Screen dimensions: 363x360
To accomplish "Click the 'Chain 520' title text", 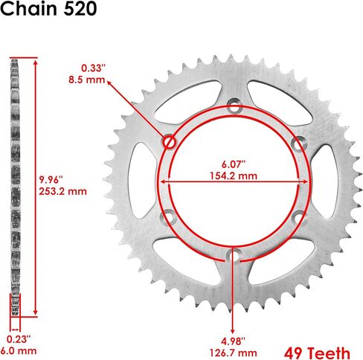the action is tap(48, 9).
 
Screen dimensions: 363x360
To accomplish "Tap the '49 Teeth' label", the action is tap(318, 353).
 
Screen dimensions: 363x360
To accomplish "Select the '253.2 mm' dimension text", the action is tap(62, 191).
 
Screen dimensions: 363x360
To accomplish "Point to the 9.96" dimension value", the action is tap(51, 179).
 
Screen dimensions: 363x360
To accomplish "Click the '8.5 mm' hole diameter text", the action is tap(87, 80).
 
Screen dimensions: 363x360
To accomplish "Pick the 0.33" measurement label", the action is tap(94, 68).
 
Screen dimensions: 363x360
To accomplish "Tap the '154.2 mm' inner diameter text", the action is tap(234, 176).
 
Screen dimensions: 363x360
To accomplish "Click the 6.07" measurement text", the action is tap(234, 164).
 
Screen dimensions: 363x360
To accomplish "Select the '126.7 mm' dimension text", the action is tap(234, 353).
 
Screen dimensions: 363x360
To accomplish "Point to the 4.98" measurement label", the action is tap(234, 341).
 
